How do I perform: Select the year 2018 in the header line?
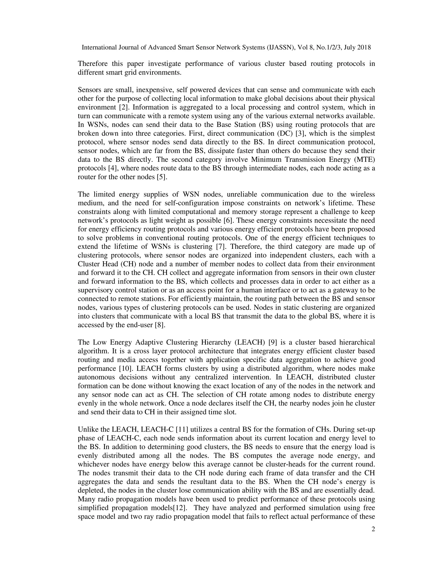click(364, 47)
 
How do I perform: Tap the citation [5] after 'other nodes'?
click(162, 177)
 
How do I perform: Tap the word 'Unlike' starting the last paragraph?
click(86, 430)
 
